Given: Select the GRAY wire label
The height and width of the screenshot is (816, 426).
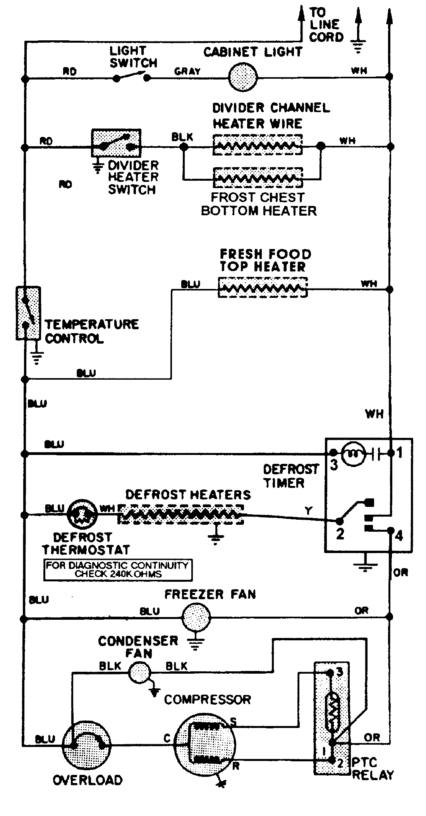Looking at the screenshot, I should point(187,71).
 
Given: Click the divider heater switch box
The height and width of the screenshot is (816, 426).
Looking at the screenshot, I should point(115,143).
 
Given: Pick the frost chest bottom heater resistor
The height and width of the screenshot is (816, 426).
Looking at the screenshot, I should point(258,178).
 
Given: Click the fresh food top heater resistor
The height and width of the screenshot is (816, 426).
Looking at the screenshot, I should point(263,288).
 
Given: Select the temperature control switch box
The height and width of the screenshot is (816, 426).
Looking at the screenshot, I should point(28,313).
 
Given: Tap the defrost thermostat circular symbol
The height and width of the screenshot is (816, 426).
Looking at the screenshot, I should point(82,515).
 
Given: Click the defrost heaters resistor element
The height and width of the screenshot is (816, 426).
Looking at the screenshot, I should point(181,514).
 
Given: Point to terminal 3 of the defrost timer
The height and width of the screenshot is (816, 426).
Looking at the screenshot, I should point(333,453).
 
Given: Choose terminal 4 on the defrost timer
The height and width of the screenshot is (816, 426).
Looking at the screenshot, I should point(391,530).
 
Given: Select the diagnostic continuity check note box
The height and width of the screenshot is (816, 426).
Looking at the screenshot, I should point(118,571).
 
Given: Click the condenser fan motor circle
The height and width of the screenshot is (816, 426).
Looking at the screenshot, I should point(139,673).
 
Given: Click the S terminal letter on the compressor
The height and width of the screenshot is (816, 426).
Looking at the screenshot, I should point(233,722).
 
